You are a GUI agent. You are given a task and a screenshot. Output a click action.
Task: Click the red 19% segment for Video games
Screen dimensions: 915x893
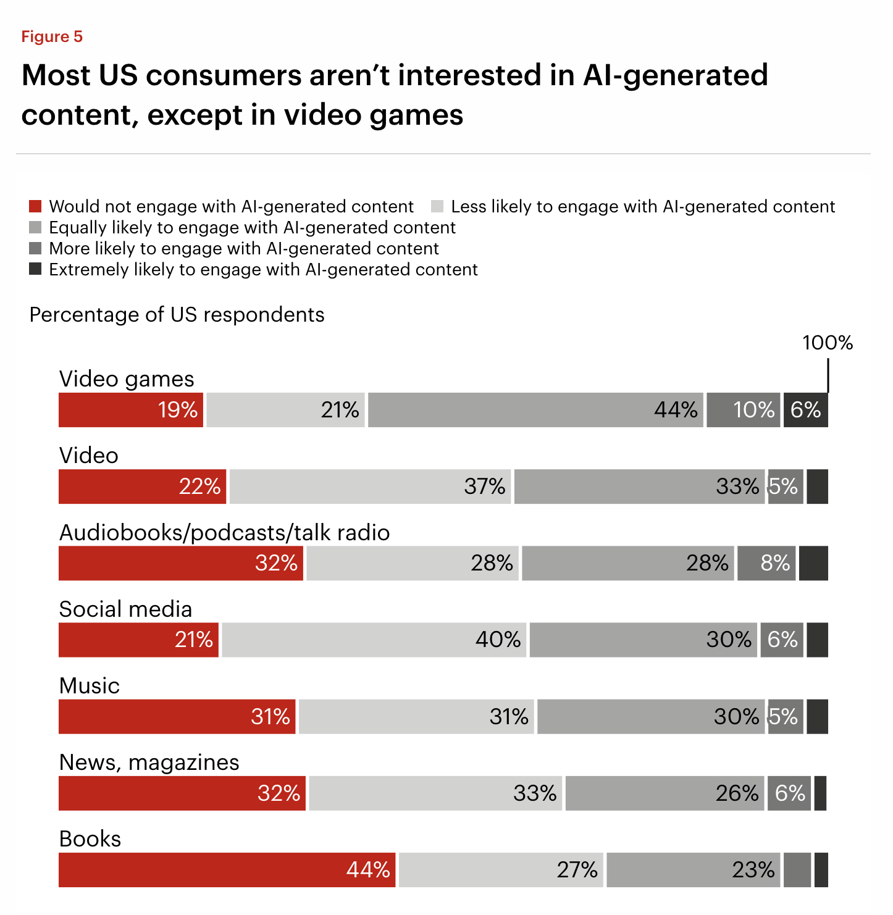[x=131, y=410]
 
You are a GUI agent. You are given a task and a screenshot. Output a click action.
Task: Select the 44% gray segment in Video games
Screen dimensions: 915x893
[x=535, y=410]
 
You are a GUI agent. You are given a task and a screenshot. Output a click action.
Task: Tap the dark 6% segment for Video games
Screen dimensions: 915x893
[x=805, y=410]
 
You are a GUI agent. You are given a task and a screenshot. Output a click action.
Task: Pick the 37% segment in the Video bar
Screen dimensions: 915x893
[x=370, y=487]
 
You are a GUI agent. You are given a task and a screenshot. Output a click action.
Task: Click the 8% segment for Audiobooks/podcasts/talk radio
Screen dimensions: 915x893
[x=766, y=563]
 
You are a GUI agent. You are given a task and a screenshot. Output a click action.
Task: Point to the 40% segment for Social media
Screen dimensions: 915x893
[x=374, y=640]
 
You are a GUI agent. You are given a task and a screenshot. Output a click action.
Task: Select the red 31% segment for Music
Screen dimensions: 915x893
[x=177, y=717]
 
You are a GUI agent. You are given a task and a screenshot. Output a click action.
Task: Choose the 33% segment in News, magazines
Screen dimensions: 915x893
[x=435, y=793]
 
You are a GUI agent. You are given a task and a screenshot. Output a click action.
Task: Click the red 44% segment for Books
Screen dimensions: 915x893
[x=227, y=870]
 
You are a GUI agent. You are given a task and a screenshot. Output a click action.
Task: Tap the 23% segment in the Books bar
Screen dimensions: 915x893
[x=693, y=870]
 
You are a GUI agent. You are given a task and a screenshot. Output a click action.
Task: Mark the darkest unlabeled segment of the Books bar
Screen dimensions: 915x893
[x=821, y=870]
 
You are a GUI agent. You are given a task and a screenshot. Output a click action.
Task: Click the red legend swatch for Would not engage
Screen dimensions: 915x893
[x=36, y=206]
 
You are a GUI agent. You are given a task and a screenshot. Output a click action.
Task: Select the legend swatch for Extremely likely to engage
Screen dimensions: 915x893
[x=36, y=269]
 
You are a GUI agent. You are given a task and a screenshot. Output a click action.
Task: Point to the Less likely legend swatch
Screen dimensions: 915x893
[x=437, y=206]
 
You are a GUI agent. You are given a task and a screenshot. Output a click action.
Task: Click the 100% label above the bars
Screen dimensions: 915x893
[x=827, y=343]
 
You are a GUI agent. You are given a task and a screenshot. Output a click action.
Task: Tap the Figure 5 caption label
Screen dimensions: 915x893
[x=52, y=36]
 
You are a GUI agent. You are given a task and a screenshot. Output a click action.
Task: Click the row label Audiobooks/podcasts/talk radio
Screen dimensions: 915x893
[x=224, y=532]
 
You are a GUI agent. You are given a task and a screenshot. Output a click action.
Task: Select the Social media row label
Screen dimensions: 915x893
[x=125, y=609]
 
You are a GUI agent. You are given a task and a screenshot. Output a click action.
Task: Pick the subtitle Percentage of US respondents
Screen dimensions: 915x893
[x=177, y=314]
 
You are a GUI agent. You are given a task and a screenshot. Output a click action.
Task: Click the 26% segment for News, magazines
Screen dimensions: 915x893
[x=665, y=793]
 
